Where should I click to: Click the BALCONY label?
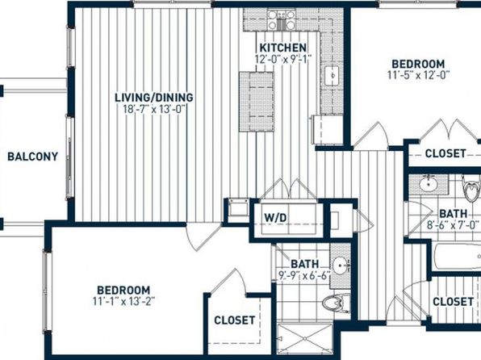pos(32,157)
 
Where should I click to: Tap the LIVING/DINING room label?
pos(154,98)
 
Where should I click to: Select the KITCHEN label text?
pos(282,48)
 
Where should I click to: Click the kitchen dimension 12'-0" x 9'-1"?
pos(283,59)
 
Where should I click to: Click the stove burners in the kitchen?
pos(282,20)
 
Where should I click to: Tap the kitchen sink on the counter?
pos(332,76)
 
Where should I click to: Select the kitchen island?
pos(257,102)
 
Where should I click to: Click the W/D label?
pos(275,218)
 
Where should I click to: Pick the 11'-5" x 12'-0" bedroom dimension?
pos(418,75)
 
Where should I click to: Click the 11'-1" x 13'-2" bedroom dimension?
pos(123,301)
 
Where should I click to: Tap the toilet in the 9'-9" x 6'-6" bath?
pos(336,303)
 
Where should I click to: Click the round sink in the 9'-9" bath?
pos(341,265)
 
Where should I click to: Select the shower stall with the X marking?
pos(304,338)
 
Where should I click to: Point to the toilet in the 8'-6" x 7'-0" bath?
pos(471,188)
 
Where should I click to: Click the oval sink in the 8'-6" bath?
pos(429,183)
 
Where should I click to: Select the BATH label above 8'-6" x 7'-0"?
pos(454,214)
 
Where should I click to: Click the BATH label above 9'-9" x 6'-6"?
pos(304,264)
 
